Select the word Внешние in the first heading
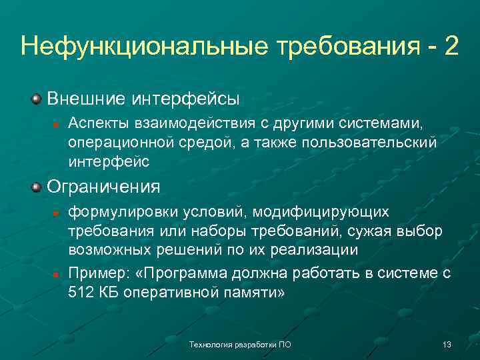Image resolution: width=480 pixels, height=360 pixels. [86, 99]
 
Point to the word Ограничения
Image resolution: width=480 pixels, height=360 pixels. [103, 186]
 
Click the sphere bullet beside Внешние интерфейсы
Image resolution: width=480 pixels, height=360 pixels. [36, 99]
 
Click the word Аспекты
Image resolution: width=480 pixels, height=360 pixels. [95, 124]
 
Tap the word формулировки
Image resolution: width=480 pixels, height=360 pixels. [113, 212]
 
